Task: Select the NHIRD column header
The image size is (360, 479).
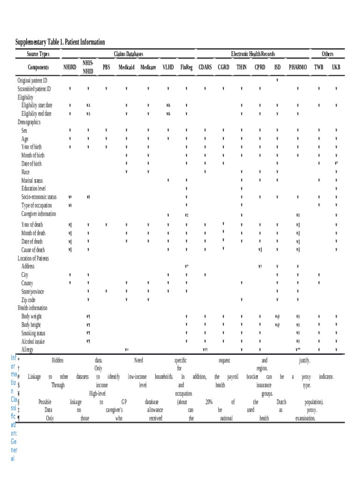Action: click(x=70, y=67)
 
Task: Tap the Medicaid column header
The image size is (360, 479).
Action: click(x=126, y=67)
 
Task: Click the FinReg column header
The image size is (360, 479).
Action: click(x=186, y=67)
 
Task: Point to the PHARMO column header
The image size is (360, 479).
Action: click(x=298, y=67)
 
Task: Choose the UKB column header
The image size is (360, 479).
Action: click(x=336, y=67)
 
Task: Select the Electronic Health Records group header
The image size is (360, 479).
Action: click(x=253, y=54)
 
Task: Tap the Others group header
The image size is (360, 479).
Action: click(x=327, y=54)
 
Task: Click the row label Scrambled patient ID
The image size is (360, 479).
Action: click(x=35, y=89)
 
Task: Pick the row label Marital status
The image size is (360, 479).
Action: click(x=32, y=181)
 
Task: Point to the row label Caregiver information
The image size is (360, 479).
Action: click(x=39, y=214)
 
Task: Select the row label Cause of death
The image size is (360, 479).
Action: click(x=33, y=250)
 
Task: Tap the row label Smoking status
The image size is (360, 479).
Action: click(x=34, y=333)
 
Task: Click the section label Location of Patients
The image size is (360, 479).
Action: click(x=33, y=258)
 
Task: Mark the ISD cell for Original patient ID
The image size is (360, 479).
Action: click(x=277, y=80)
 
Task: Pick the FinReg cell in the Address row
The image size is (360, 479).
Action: click(x=186, y=266)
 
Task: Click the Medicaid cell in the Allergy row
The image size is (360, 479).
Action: click(x=126, y=349)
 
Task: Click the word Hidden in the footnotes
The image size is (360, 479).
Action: click(x=58, y=361)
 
